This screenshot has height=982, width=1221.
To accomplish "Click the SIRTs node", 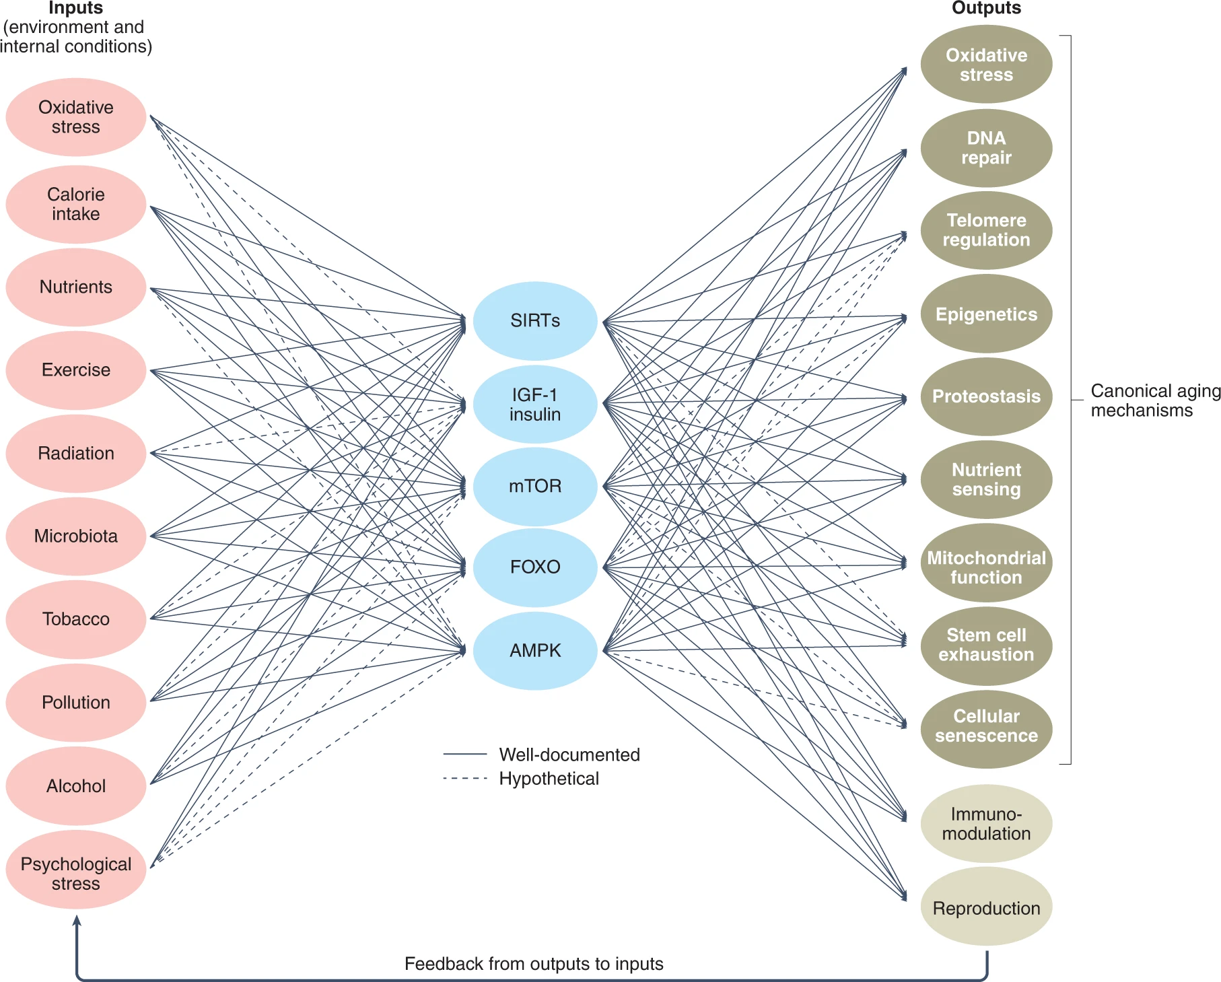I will pyautogui.click(x=535, y=321).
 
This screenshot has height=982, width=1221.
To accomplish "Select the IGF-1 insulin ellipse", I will pyautogui.click(x=535, y=405).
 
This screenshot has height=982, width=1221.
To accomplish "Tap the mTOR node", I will pyautogui.click(x=535, y=486).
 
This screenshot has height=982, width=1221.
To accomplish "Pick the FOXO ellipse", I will pyautogui.click(x=535, y=567).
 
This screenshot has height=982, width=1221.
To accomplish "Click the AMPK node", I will pyautogui.click(x=535, y=651).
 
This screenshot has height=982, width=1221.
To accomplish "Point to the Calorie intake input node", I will pyautogui.click(x=76, y=205).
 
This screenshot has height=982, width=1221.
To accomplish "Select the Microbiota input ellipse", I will pyautogui.click(x=76, y=536).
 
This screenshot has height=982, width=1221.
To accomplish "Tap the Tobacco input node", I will pyautogui.click(x=76, y=619).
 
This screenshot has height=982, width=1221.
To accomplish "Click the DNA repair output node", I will pyautogui.click(x=986, y=148).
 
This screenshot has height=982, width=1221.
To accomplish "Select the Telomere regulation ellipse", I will pyautogui.click(x=986, y=230).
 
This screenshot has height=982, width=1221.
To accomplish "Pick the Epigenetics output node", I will pyautogui.click(x=986, y=314).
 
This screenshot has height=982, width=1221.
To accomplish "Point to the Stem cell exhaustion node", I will pyautogui.click(x=986, y=645).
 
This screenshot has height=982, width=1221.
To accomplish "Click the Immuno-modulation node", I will pyautogui.click(x=986, y=824).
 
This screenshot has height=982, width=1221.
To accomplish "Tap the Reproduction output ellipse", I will pyautogui.click(x=986, y=908).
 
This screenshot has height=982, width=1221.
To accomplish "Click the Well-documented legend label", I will pyautogui.click(x=569, y=755).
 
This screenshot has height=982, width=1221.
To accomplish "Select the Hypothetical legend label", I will pyautogui.click(x=549, y=779).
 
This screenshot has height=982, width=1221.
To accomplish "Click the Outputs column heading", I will pyautogui.click(x=986, y=8).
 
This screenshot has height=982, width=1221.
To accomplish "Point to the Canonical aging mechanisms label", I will pyautogui.click(x=1155, y=400).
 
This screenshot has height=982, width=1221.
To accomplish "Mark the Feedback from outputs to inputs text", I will pyautogui.click(x=534, y=964).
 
